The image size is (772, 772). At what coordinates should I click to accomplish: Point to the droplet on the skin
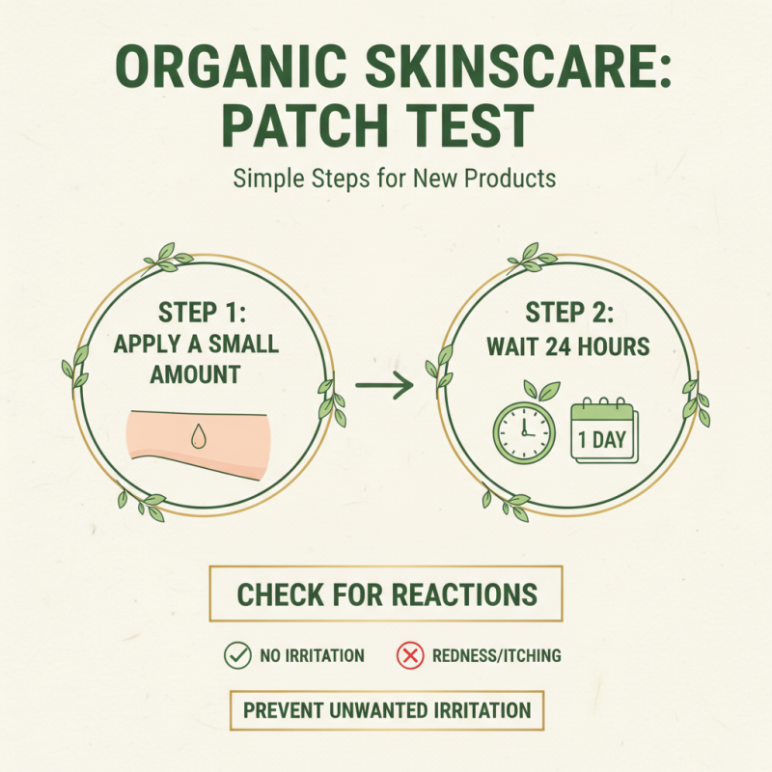199,437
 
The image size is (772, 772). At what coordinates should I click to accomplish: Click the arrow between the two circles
384,386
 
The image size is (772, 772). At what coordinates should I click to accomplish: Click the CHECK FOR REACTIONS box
386,593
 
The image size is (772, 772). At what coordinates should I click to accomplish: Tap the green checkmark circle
236,655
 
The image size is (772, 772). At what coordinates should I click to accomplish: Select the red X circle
410,655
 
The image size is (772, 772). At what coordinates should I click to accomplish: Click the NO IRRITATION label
312,656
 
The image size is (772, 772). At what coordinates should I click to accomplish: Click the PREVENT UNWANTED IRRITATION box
386,711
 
